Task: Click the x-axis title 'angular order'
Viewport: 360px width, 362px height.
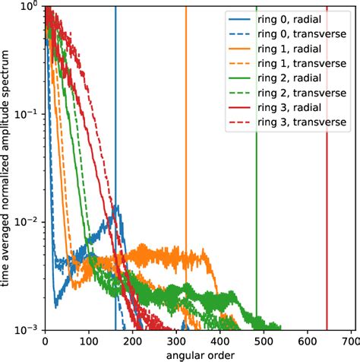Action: (x=198, y=354)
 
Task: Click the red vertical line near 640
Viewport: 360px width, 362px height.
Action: (x=327, y=190)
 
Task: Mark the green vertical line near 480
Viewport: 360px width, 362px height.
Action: (x=257, y=190)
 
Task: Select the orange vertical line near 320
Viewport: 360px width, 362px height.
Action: (x=186, y=152)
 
